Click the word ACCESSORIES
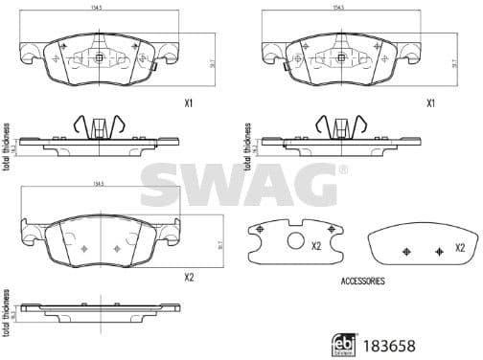[x=362, y=281]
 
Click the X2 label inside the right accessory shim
[x=459, y=246]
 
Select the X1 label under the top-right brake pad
[x=430, y=102]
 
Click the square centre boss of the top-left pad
[x=100, y=58]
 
